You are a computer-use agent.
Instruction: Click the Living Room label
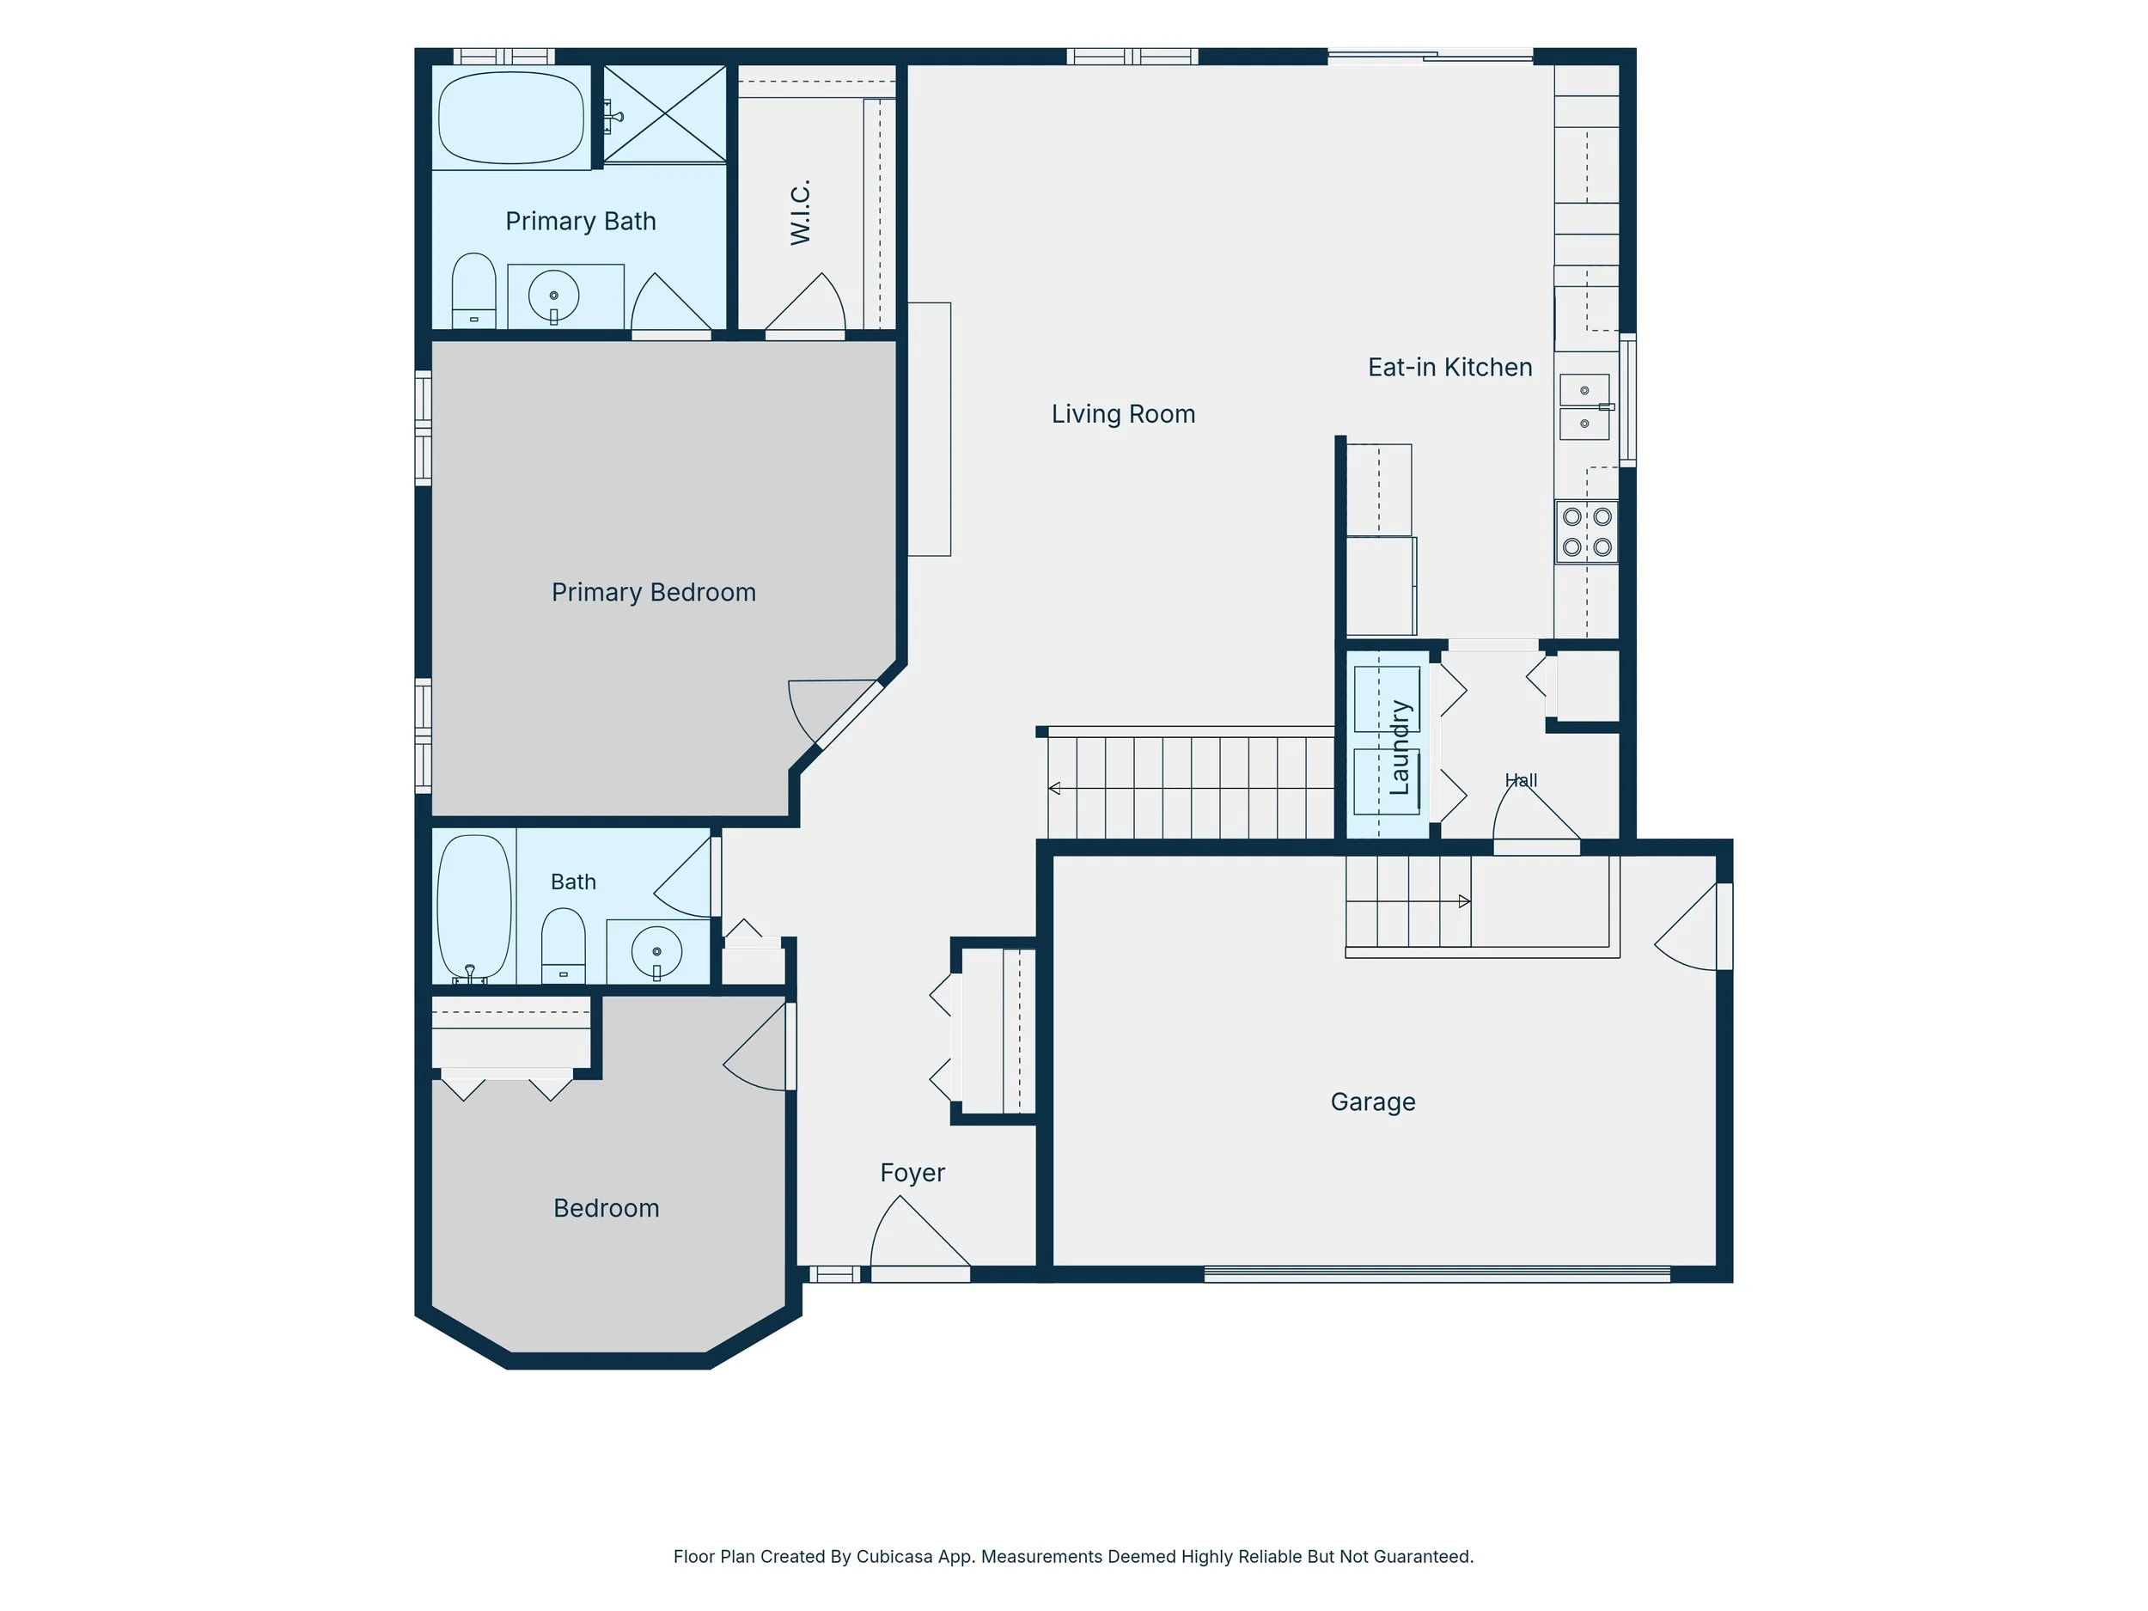pos(1123,415)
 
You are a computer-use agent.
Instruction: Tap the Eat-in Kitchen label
pos(1449,367)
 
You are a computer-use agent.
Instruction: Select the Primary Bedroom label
pos(654,592)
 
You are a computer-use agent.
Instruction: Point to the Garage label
pos(1372,1102)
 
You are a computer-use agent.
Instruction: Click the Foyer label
pos(912,1173)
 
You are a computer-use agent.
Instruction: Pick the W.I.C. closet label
pos(800,213)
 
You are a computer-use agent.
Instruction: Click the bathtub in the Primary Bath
pos(510,118)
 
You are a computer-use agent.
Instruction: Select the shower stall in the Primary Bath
pos(665,113)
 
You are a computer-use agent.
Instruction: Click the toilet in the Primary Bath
pos(474,290)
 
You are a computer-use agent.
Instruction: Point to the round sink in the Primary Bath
pos(553,296)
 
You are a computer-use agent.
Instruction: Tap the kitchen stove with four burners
pos(1587,531)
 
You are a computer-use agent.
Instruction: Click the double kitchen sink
pos(1584,407)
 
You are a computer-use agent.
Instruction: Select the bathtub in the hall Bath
pos(474,906)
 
